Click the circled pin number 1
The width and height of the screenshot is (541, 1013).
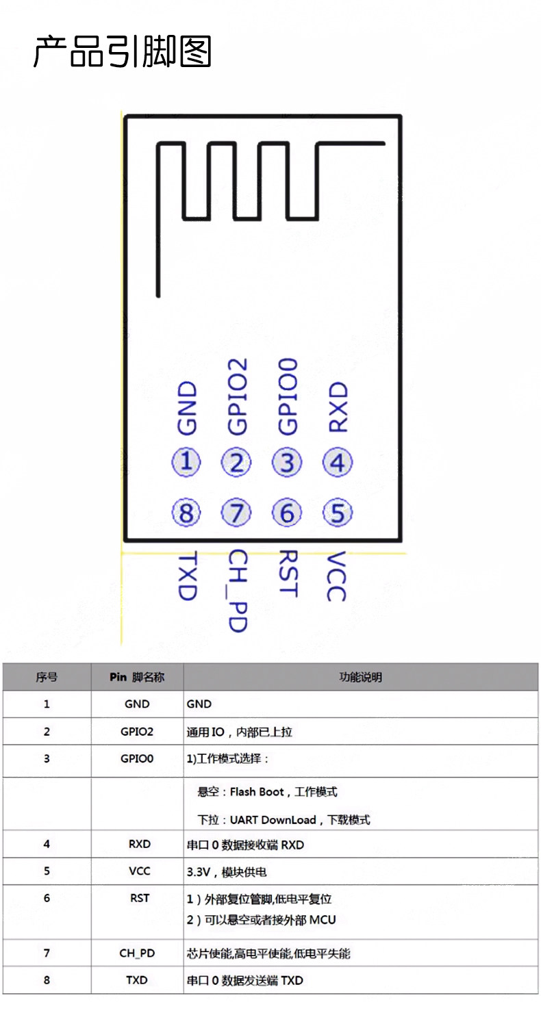point(186,462)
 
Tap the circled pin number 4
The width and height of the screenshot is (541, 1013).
point(338,462)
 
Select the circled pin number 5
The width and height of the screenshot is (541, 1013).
point(338,513)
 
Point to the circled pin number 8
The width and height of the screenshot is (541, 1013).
point(186,513)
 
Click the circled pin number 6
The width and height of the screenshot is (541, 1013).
point(287,513)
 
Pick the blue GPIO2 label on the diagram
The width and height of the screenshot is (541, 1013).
point(238,396)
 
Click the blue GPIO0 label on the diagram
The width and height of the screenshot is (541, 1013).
point(288,396)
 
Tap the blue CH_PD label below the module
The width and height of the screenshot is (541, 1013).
point(238,591)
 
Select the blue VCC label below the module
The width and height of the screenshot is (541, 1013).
point(336,576)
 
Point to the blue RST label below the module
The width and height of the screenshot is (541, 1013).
point(288,574)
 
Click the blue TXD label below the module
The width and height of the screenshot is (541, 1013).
point(187,575)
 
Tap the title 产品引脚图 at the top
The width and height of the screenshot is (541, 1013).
point(123,51)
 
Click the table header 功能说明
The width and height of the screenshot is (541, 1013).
point(360,677)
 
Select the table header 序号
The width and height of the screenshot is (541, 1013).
point(47,677)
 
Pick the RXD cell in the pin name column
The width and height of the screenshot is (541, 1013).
point(139,844)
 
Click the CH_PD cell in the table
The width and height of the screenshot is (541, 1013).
point(137,953)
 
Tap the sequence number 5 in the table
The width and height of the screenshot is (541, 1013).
point(47,871)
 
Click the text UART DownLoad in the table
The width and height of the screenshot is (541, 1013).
point(273,820)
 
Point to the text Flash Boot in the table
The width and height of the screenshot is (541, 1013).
point(257,792)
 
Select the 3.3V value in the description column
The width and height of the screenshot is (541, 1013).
point(199,872)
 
